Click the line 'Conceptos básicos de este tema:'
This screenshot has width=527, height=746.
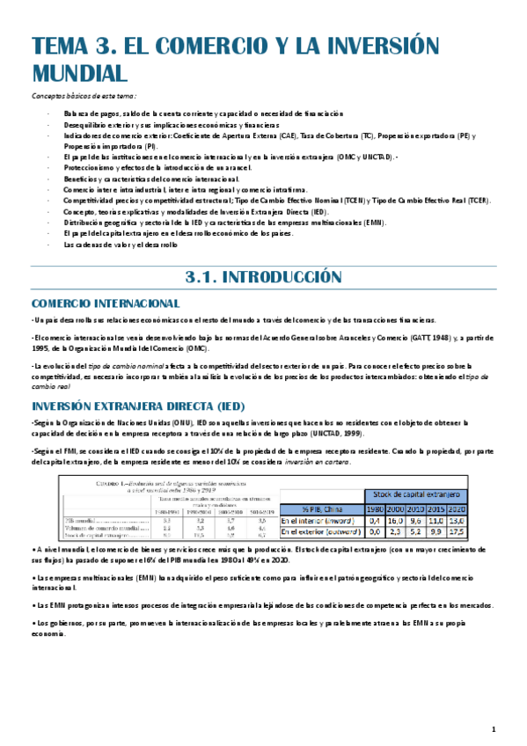84,95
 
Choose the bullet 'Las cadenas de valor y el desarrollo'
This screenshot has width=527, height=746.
121,244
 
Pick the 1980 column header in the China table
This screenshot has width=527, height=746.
375,509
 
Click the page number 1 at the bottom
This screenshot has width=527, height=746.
494,728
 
